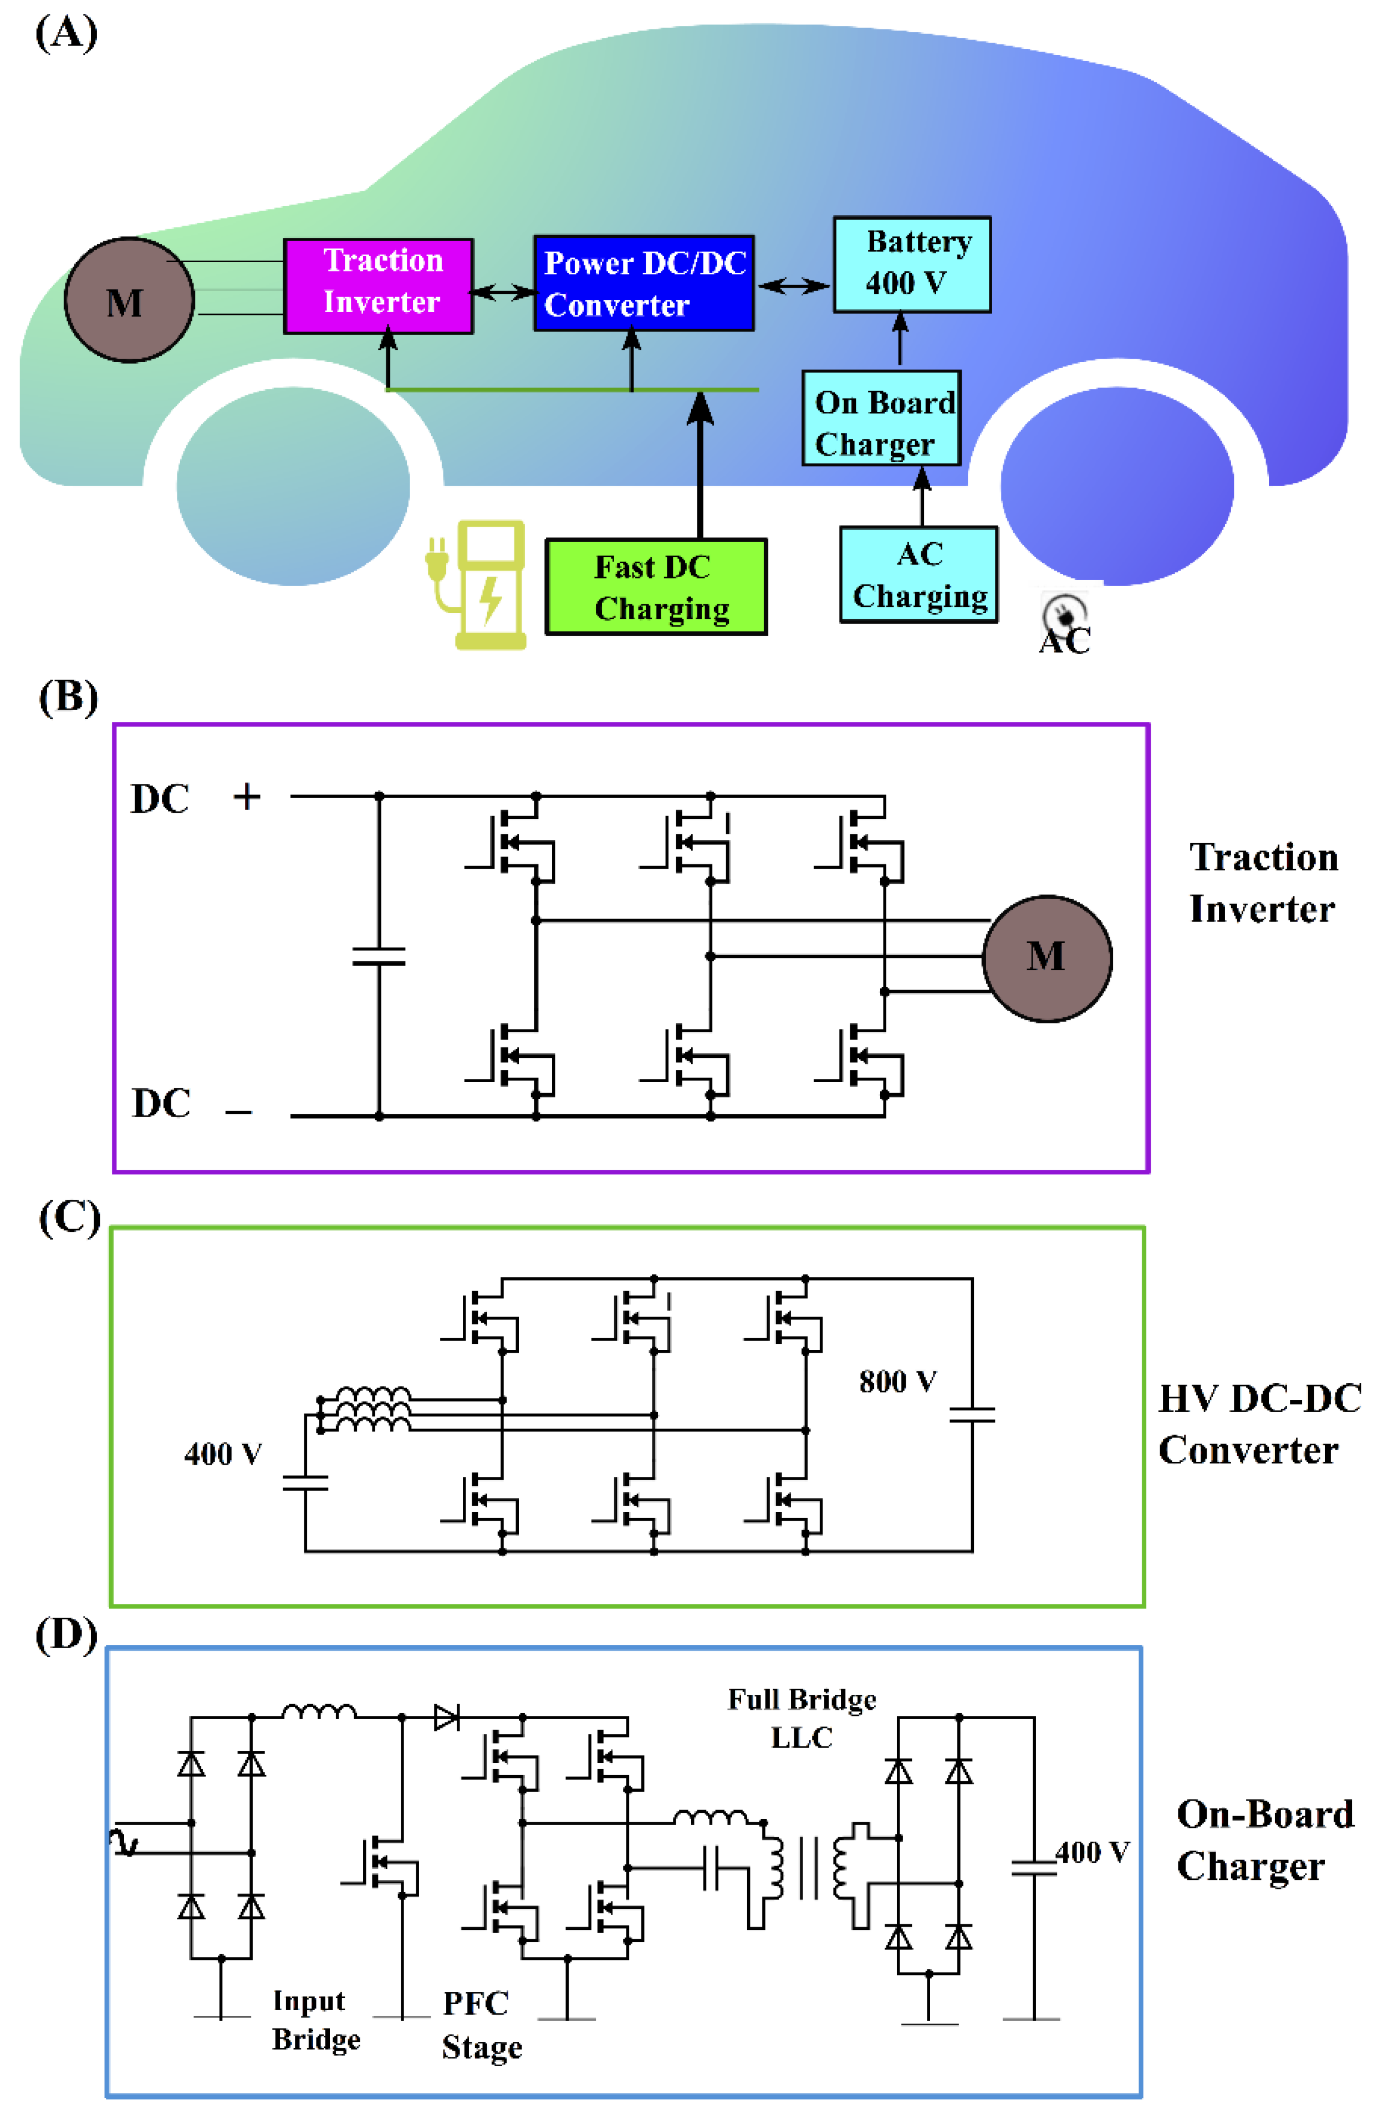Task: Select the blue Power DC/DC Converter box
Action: tap(644, 283)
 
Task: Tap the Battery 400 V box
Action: tap(912, 264)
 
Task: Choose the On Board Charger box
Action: tap(881, 417)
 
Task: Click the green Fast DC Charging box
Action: tap(656, 587)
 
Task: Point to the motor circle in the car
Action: tap(129, 299)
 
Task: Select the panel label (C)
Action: tap(68, 1217)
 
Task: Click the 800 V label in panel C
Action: tap(897, 1381)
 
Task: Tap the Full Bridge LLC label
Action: tap(802, 1718)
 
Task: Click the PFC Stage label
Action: tap(482, 2025)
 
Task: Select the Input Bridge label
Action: tap(317, 2019)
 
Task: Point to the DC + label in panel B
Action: tap(196, 797)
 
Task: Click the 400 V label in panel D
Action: tap(1092, 1852)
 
